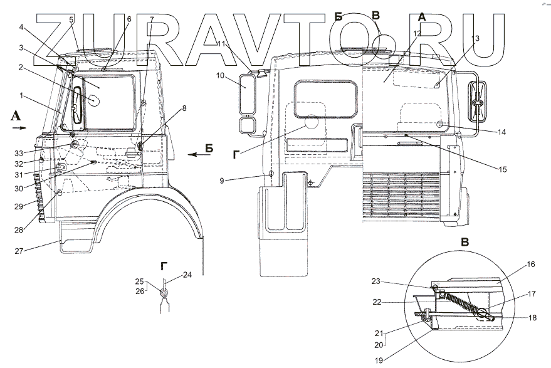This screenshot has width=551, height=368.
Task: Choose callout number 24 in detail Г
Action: coord(187,275)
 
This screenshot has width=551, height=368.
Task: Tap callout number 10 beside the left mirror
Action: coord(221,76)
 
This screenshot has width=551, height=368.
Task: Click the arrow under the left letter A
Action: coord(19,127)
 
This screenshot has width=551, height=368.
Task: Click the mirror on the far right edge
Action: coord(479,100)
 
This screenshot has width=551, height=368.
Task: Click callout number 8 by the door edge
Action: coord(184,108)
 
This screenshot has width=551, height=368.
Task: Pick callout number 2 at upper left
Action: coord(21,67)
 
